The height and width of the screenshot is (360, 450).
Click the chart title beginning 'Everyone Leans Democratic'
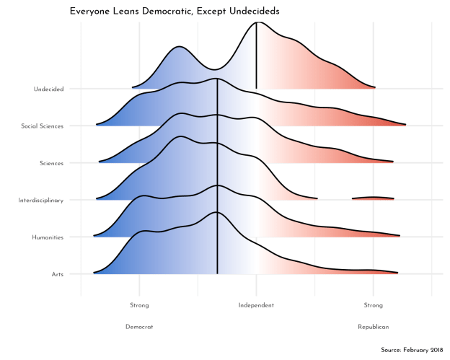pyautogui.click(x=175, y=12)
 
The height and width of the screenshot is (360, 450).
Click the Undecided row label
pyautogui.click(x=48, y=89)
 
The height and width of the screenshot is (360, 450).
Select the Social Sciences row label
pyautogui.click(x=43, y=126)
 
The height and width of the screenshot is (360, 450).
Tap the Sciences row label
pyautogui.click(x=52, y=163)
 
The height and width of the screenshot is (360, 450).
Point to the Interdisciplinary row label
pyautogui.click(x=41, y=200)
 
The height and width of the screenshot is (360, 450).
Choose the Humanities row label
pyautogui.click(x=48, y=237)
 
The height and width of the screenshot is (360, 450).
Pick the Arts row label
pyautogui.click(x=57, y=274)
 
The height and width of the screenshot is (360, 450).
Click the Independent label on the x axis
pyautogui.click(x=256, y=305)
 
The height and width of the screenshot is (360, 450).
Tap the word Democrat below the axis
pyautogui.click(x=139, y=327)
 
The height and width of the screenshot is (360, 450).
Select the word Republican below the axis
pyautogui.click(x=373, y=327)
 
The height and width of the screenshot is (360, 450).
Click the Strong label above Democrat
pyautogui.click(x=139, y=305)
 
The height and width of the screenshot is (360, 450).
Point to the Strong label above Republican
pyautogui.click(x=373, y=305)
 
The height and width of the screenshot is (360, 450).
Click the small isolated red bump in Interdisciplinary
pyautogui.click(x=373, y=197)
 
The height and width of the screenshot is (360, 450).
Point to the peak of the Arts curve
pyautogui.click(x=216, y=212)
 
